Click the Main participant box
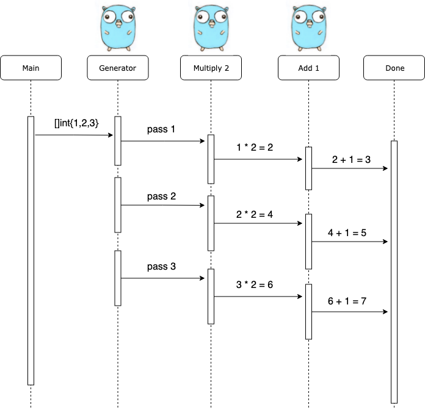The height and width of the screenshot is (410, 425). pos(31,68)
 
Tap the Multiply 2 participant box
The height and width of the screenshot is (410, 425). pos(211,68)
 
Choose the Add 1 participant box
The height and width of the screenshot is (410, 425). pos(308,68)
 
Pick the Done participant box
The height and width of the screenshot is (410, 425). pos(394,68)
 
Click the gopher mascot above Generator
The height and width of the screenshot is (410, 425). pos(117,27)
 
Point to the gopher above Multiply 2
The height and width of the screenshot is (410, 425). pos(211,27)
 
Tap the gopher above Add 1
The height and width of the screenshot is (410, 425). pos(308,27)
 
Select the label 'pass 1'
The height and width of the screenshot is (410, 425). pos(161,130)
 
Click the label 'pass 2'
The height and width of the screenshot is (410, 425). pos(161,196)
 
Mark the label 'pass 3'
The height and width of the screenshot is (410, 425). pos(161,267)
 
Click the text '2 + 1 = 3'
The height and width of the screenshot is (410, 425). pos(352,159)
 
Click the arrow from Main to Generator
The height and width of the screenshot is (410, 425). pos(73,135)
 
